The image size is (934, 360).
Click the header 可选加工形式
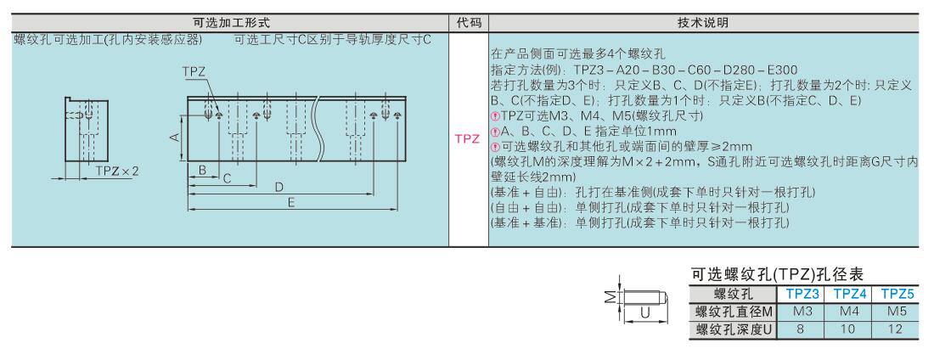(x=232, y=23)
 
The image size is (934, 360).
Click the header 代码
(x=469, y=23)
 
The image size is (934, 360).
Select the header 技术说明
(x=703, y=23)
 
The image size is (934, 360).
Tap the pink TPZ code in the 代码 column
(x=468, y=139)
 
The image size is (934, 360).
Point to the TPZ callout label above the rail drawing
(x=194, y=72)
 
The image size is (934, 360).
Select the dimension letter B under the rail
(x=203, y=171)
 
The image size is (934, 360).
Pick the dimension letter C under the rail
(x=227, y=178)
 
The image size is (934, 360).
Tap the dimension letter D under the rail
(x=279, y=187)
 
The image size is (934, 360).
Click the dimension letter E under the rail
(x=291, y=203)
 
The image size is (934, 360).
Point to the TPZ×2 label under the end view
(x=117, y=171)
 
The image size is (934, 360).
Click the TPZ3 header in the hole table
(x=802, y=294)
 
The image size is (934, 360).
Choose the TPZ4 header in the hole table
(x=849, y=294)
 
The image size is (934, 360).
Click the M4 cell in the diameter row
(x=848, y=312)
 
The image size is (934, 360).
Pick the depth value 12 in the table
(x=896, y=329)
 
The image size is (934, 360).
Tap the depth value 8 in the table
(x=802, y=329)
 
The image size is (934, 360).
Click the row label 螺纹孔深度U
(x=734, y=329)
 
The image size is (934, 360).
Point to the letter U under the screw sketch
(x=644, y=312)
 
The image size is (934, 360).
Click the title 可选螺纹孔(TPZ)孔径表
(x=777, y=274)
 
